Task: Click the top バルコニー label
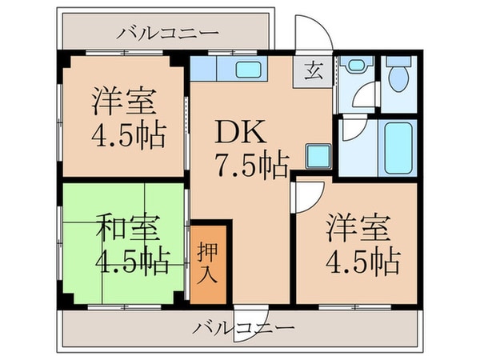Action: coord(166,33)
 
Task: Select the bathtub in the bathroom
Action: coord(396,148)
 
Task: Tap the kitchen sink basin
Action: coord(252,70)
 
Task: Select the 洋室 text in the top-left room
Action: coord(122,102)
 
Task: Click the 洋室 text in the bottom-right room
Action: coord(357,227)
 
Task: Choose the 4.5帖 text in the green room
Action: coord(130,261)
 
